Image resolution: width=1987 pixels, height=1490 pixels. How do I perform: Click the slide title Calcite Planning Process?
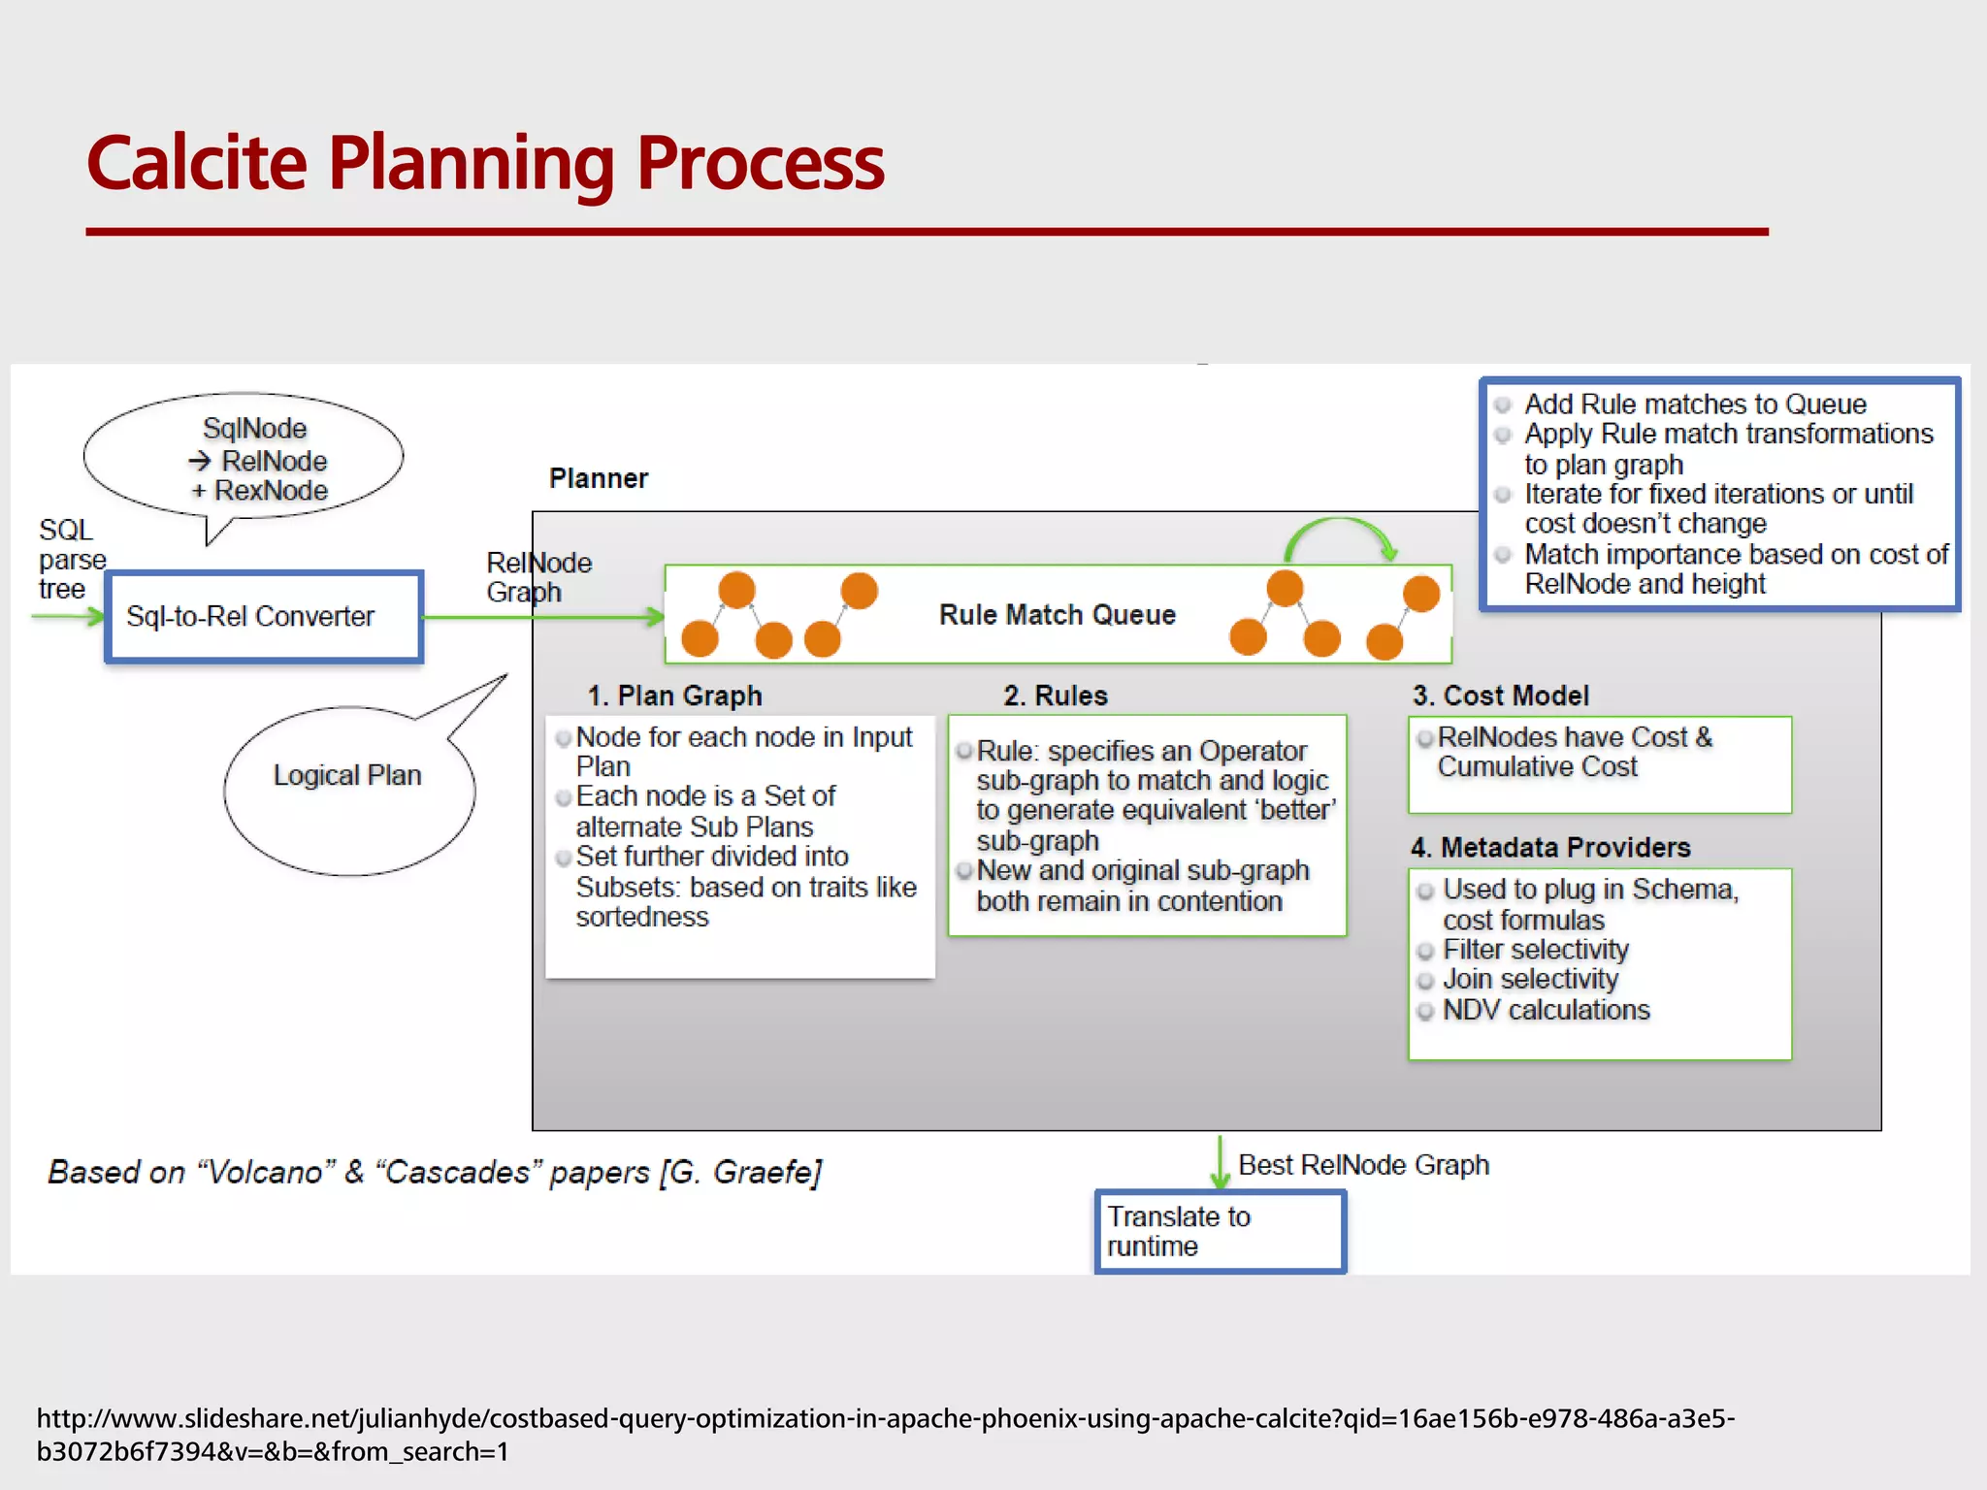pyautogui.click(x=485, y=163)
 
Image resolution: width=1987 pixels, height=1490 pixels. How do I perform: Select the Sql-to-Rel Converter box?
pyautogui.click(x=263, y=617)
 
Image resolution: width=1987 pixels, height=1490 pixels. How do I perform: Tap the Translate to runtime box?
pyautogui.click(x=1220, y=1231)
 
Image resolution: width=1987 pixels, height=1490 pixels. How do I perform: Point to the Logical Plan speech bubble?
pyautogui.click(x=347, y=776)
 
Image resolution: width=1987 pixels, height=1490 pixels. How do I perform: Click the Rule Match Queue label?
pyautogui.click(x=1057, y=615)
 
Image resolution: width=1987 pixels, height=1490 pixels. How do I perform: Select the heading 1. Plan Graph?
pyautogui.click(x=674, y=696)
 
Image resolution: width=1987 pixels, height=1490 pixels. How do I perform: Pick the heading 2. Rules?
pyautogui.click(x=1055, y=696)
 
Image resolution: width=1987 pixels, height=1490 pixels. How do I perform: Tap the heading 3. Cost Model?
pyautogui.click(x=1500, y=696)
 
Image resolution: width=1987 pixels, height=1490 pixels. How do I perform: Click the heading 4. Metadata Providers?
pyautogui.click(x=1550, y=848)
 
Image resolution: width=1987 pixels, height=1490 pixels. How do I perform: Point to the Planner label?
pyautogui.click(x=598, y=478)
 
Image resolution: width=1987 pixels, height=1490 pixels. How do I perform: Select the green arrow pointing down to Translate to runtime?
pyautogui.click(x=1220, y=1162)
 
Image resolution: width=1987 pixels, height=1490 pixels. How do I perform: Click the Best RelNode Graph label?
pyautogui.click(x=1363, y=1165)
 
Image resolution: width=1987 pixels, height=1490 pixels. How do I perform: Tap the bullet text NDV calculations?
pyautogui.click(x=1546, y=1010)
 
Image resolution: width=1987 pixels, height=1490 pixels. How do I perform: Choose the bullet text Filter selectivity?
pyautogui.click(x=1535, y=950)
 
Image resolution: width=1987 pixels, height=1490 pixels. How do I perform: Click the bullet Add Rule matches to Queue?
pyautogui.click(x=1694, y=404)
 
